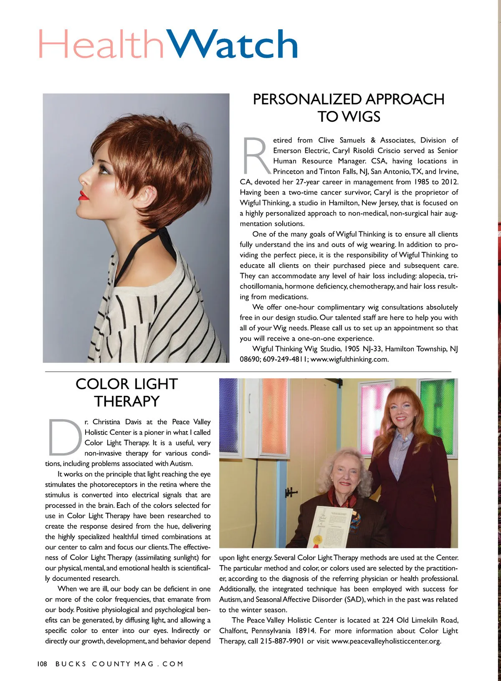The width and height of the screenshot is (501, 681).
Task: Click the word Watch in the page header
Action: (234, 44)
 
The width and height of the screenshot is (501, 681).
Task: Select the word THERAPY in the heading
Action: (127, 401)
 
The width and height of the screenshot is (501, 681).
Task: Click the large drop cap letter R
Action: (256, 155)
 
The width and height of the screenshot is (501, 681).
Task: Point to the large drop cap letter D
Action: (65, 437)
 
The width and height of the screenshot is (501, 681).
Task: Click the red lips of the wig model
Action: (84, 195)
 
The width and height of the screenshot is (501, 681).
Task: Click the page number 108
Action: (42, 664)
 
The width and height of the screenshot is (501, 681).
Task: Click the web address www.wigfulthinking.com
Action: (349, 359)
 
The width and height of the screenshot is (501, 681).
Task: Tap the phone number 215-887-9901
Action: (282, 641)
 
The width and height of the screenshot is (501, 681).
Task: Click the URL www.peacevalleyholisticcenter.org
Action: (386, 641)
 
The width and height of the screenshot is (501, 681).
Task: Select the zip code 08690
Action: (249, 359)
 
